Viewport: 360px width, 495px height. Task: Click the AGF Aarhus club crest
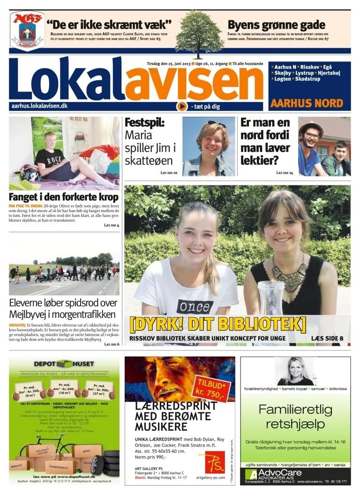click(27, 30)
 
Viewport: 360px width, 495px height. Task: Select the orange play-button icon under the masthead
click(182, 107)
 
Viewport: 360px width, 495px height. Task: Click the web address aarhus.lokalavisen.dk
click(39, 107)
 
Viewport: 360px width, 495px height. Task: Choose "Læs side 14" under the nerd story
click(285, 173)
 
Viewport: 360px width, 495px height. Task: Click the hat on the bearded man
click(311, 127)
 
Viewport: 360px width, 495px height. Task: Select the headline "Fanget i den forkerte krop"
click(64, 197)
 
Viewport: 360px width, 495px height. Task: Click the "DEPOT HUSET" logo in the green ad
click(64, 364)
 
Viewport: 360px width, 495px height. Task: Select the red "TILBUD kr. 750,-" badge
click(214, 386)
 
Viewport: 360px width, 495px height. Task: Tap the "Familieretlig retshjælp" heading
click(295, 417)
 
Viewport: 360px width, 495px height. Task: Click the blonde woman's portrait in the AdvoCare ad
click(295, 371)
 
